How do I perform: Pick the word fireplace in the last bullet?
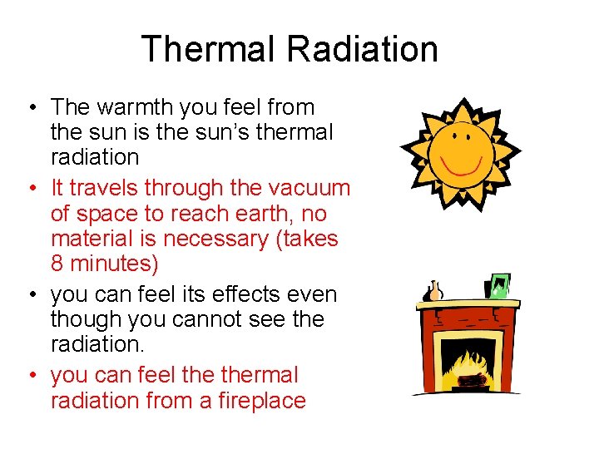[261, 400]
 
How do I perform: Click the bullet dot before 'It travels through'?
[30, 190]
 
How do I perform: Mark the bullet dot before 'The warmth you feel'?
[30, 108]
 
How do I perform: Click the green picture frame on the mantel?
[500, 286]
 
